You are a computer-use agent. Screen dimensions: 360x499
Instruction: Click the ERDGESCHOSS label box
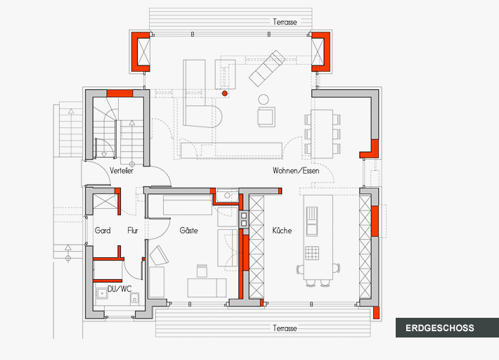click(x=439, y=328)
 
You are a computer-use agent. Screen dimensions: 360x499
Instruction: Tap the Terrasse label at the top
click(x=285, y=22)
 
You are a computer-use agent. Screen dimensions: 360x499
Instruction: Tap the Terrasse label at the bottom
click(x=285, y=328)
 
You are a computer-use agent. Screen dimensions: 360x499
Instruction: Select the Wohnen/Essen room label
click(x=297, y=171)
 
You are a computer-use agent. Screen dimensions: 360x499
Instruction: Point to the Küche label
click(x=282, y=231)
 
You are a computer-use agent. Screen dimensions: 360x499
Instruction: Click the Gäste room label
click(x=188, y=231)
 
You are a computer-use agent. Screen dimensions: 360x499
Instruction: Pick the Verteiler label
click(x=122, y=171)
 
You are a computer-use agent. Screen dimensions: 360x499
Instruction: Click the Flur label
click(x=133, y=231)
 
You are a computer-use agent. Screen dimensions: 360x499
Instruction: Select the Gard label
click(x=103, y=231)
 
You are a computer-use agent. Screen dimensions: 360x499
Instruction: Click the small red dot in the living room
click(x=225, y=93)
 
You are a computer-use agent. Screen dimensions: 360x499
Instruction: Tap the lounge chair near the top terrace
click(x=266, y=67)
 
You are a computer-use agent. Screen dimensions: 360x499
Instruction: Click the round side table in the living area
click(x=264, y=99)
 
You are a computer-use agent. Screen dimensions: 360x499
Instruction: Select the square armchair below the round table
click(x=266, y=117)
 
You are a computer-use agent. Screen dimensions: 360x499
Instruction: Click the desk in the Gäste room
click(x=207, y=286)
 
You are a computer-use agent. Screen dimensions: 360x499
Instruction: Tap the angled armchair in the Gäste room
click(x=159, y=254)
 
